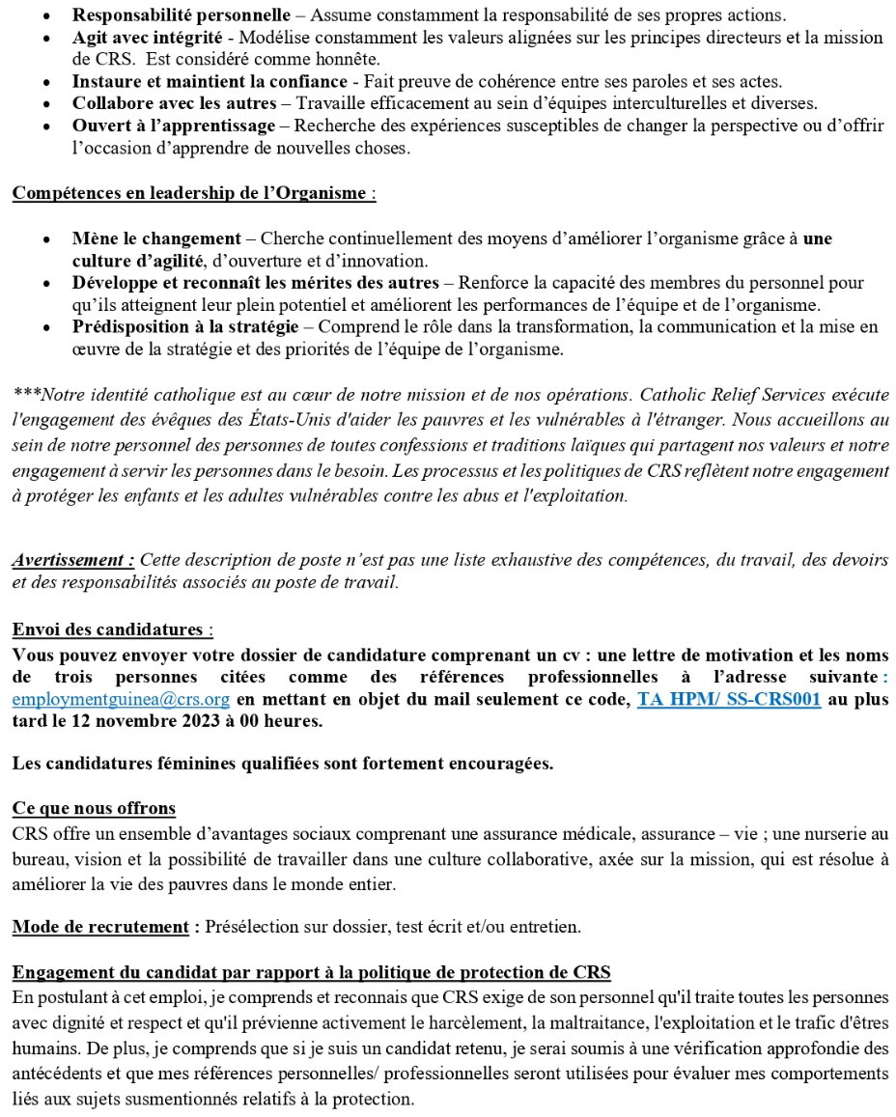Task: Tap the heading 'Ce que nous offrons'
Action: click(94, 807)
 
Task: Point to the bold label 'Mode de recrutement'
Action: click(100, 927)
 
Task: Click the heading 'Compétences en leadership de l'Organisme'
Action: click(189, 192)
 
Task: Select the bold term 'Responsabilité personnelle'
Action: click(181, 16)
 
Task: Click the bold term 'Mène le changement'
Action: click(156, 238)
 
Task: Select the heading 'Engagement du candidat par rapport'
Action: click(312, 971)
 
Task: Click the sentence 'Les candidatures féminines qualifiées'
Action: click(283, 764)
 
